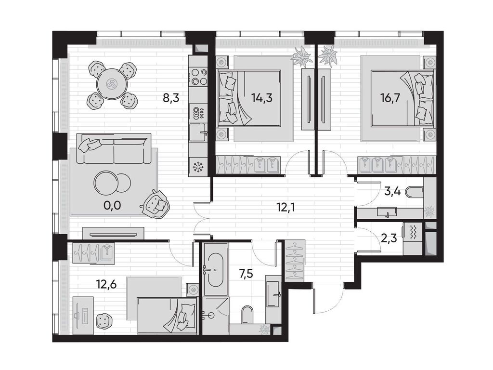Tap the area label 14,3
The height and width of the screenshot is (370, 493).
(261, 98)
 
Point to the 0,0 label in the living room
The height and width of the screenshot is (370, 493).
(112, 206)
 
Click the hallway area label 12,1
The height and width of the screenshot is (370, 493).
(284, 208)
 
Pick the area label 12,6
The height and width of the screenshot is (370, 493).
(106, 285)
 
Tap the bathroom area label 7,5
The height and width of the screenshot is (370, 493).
(246, 274)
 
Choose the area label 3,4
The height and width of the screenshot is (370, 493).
(392, 191)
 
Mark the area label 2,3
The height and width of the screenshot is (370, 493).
(389, 238)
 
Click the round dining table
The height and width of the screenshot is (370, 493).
(112, 84)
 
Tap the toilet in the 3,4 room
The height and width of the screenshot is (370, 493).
(415, 192)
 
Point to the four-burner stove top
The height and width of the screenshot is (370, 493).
(198, 77)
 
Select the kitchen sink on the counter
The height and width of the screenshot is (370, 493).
(198, 132)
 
